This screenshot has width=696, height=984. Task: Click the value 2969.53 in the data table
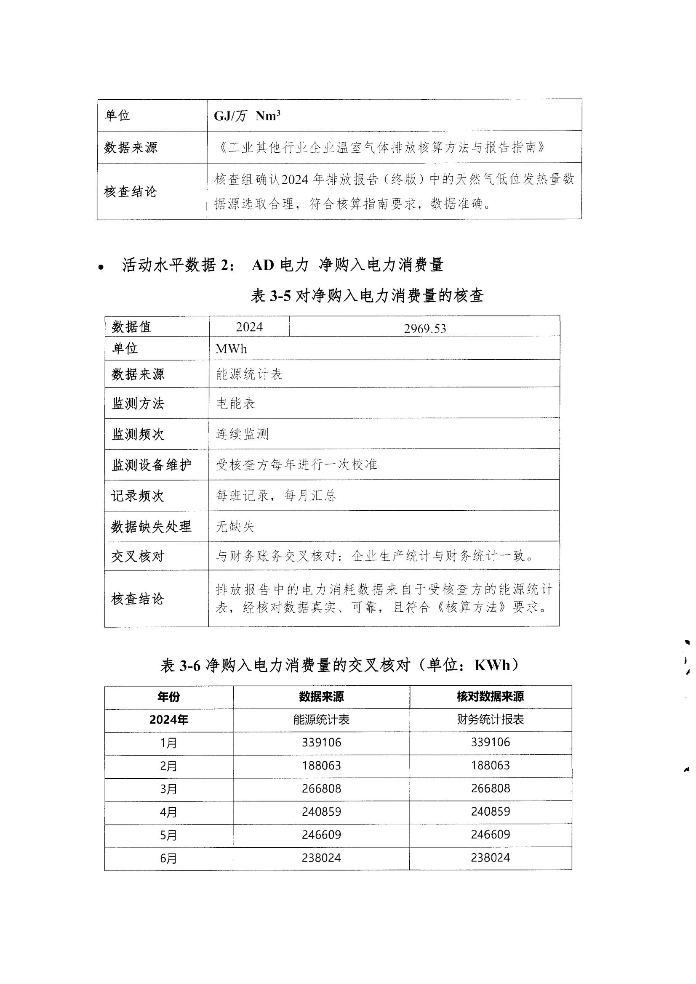(x=424, y=329)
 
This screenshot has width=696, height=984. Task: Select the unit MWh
(x=231, y=349)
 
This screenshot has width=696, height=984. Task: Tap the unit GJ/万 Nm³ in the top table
(x=247, y=116)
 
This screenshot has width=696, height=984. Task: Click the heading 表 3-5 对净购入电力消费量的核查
(x=367, y=296)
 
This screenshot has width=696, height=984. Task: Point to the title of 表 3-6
(x=341, y=665)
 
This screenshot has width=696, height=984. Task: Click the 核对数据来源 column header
(x=490, y=697)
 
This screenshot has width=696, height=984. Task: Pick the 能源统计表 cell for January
(x=321, y=742)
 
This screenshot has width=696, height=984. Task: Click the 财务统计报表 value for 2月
(x=490, y=765)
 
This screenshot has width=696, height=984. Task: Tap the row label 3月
(x=168, y=789)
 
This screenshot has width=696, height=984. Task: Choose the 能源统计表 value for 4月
(x=321, y=812)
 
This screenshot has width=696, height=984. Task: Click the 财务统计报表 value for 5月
(x=490, y=834)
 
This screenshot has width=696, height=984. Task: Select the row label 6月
(x=168, y=859)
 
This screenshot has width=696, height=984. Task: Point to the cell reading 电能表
(x=236, y=403)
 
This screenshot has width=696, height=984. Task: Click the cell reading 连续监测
(x=242, y=434)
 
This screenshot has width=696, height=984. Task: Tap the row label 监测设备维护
(x=152, y=465)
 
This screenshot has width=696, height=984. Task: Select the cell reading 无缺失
(x=235, y=526)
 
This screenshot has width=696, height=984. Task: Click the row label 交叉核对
(x=138, y=556)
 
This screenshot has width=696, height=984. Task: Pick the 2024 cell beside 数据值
(x=249, y=327)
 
